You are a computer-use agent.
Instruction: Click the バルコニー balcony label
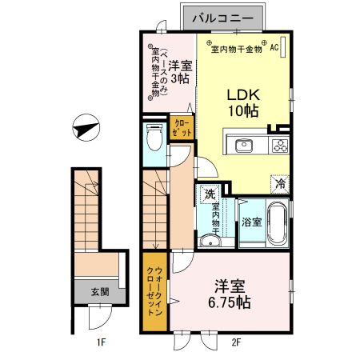pos(228,17)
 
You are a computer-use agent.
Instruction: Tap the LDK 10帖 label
pos(240,102)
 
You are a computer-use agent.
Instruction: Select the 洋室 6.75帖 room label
pos(232,294)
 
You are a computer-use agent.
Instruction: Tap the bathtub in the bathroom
pos(277,223)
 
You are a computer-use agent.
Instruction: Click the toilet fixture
pos(155,139)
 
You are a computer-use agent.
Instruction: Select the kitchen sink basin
pos(242,146)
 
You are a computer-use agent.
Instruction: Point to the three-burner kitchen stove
pos(279,146)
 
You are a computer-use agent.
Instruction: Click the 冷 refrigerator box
pos(280,183)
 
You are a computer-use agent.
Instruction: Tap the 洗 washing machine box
pos(210,194)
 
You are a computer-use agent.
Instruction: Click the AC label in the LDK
pos(274,47)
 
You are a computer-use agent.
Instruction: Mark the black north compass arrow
pos(84,127)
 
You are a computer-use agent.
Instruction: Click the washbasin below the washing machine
pos(210,242)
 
